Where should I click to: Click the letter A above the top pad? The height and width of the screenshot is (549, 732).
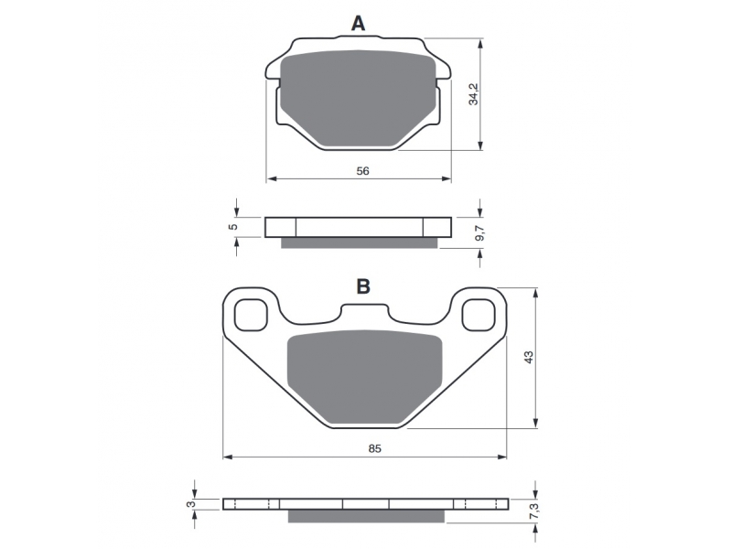(358, 23)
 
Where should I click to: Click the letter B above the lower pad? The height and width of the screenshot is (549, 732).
(363, 286)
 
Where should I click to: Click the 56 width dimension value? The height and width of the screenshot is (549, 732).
(362, 171)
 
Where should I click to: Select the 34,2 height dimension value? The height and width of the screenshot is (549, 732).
(474, 94)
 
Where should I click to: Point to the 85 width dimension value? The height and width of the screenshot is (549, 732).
(375, 448)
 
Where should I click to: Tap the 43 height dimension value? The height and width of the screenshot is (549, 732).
(528, 358)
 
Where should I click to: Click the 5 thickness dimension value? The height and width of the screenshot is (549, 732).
(234, 227)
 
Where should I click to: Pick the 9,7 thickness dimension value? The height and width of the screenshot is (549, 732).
(480, 232)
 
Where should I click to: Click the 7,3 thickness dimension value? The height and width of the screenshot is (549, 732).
(535, 511)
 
